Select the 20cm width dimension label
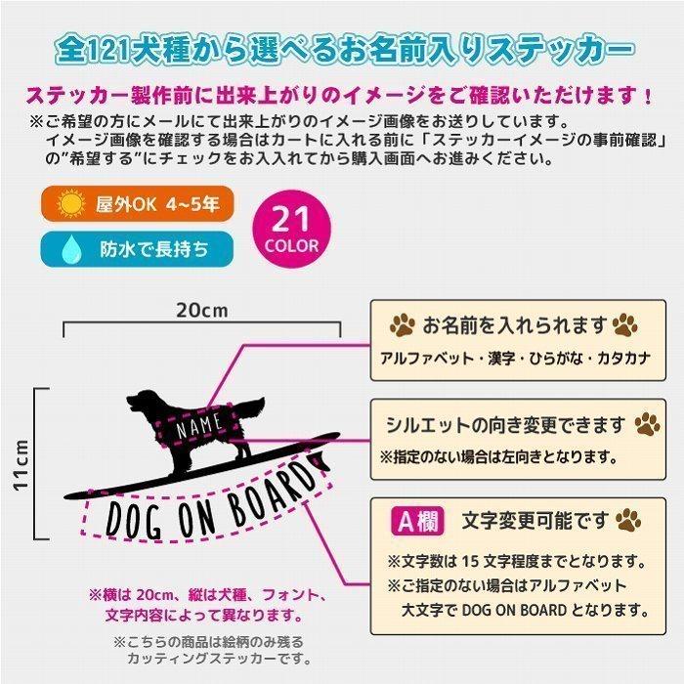pyautogui.click(x=200, y=310)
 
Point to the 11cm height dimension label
pyautogui.click(x=21, y=463)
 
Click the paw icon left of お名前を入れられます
pyautogui.click(x=402, y=324)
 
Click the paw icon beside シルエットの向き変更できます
pyautogui.click(x=646, y=424)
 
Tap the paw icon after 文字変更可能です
pyautogui.click(x=626, y=519)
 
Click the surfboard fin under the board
pyautogui.click(x=316, y=460)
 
